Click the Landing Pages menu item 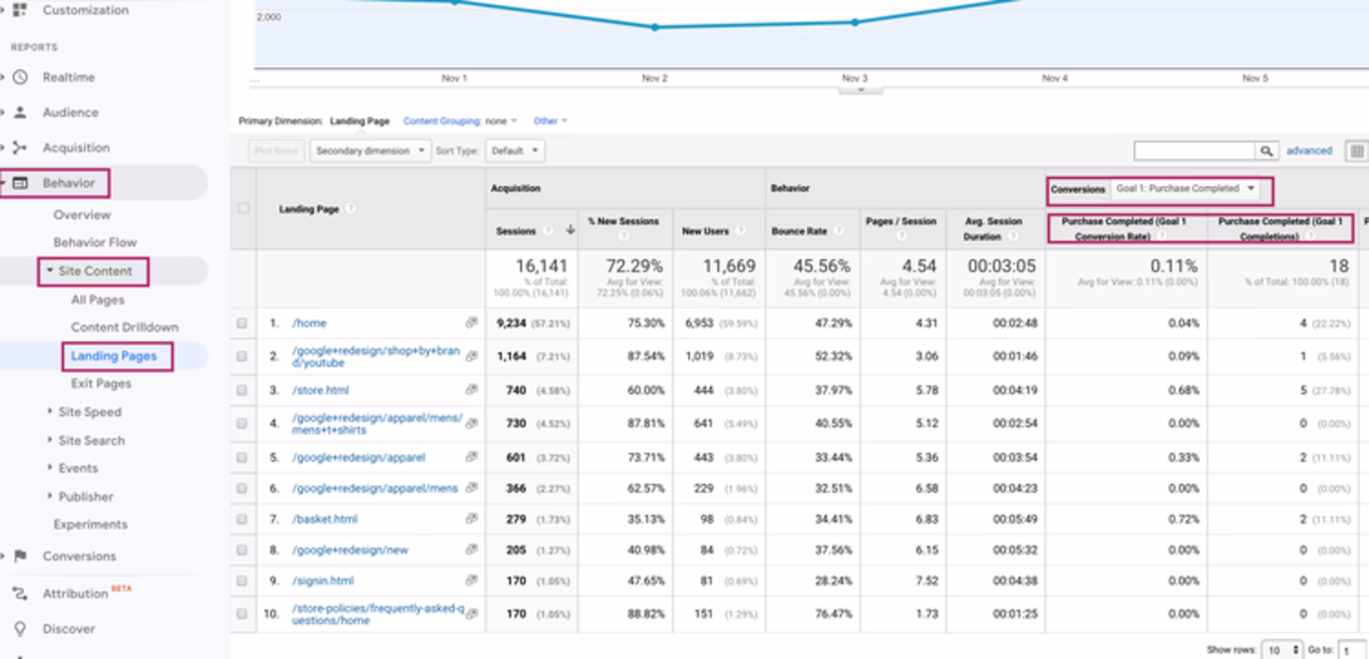tap(113, 356)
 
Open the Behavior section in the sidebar tap(68, 183)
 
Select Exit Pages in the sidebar tap(101, 384)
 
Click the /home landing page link tap(309, 323)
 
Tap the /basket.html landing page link tap(324, 519)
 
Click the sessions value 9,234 tap(511, 323)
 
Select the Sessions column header tap(516, 231)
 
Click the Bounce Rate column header tap(799, 231)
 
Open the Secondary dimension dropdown tap(369, 150)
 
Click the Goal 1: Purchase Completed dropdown tap(1184, 189)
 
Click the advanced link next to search tap(1308, 150)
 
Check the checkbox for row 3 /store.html tap(242, 390)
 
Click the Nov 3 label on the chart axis tap(854, 78)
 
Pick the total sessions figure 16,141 tap(541, 266)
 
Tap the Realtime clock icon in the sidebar tap(21, 77)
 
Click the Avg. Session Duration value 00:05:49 tap(1015, 519)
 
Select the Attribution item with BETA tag tap(75, 593)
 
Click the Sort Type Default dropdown tap(514, 150)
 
